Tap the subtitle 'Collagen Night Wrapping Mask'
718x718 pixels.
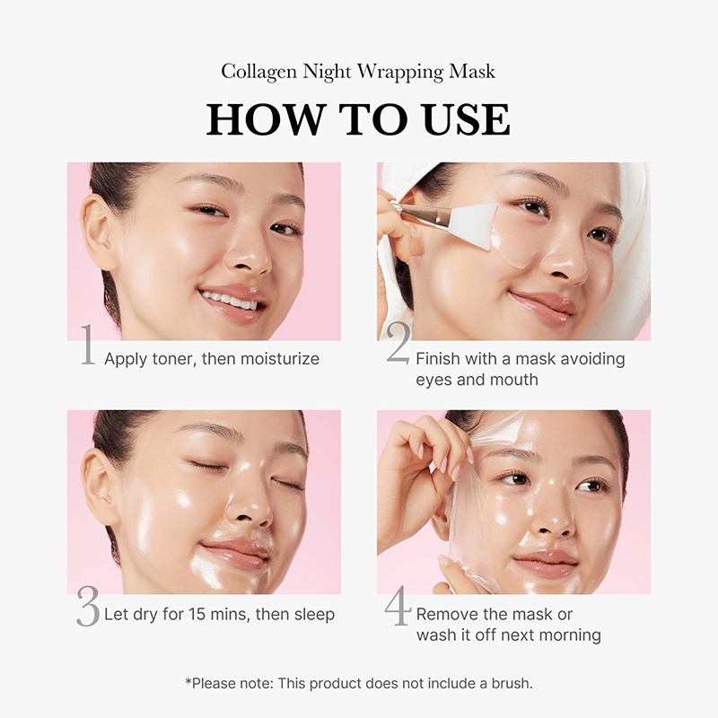point(358,71)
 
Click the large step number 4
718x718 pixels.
point(398,608)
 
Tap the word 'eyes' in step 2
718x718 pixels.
point(432,380)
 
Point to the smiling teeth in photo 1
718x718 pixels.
point(228,299)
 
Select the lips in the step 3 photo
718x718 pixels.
point(235,554)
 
